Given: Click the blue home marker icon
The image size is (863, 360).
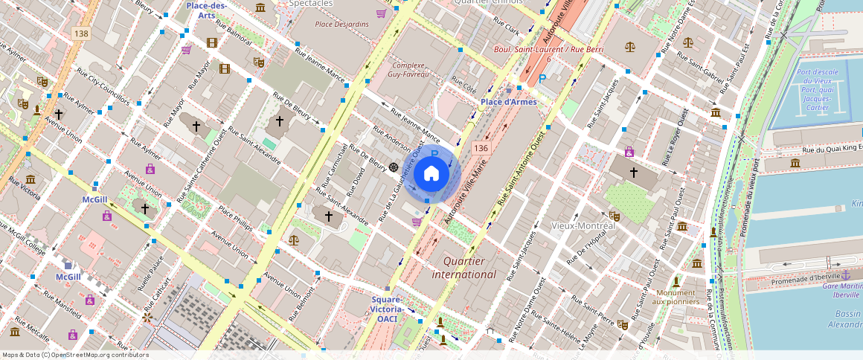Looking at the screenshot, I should pos(431,174).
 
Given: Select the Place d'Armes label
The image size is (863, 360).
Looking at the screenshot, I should pos(508,102).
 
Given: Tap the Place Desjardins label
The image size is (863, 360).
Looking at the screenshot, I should pos(341,25).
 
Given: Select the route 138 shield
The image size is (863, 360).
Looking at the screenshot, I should pos(82,34).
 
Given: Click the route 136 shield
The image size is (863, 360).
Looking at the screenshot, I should pos(480,150).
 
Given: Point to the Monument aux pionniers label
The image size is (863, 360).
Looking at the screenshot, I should pos(676,297).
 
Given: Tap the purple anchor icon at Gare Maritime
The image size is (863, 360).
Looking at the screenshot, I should pos(845,276).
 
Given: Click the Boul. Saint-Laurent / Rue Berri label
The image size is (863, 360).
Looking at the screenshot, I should pos(548,49).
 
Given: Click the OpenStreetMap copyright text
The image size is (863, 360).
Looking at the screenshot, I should pos(75,355).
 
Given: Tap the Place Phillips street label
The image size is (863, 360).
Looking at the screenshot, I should pos(237,221).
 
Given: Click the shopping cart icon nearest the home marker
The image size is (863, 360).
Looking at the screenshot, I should pos(417,221).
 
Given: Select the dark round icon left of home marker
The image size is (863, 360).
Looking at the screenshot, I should pos(393,167).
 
